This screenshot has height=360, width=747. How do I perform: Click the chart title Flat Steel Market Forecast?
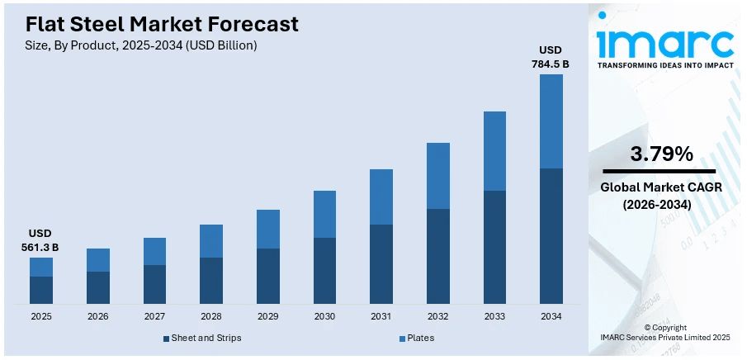coord(162,24)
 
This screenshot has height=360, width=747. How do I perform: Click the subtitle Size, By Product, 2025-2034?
coord(141,45)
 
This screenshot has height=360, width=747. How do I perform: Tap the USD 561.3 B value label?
coord(40,240)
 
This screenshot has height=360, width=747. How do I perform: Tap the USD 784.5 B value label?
coord(551,56)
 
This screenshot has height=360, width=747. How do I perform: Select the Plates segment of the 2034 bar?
coord(551,121)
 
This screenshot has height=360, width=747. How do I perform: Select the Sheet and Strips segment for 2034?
coord(551,235)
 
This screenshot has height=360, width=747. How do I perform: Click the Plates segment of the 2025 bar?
coord(41,267)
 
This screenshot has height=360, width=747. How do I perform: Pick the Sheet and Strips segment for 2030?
coord(324,270)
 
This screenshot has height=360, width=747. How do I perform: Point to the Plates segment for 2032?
coord(438,176)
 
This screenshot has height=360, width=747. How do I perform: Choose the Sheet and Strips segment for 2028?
coord(211,280)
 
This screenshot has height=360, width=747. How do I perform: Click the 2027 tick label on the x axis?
coord(154,316)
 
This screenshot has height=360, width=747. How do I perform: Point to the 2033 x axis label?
coord(494,316)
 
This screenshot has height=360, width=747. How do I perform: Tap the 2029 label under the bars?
coord(267,316)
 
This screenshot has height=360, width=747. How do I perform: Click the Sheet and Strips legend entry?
coord(202,338)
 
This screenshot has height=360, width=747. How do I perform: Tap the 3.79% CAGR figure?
coord(661,154)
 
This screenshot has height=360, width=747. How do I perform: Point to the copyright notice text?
coord(664,333)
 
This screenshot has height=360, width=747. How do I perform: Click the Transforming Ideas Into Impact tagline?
coord(665,64)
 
